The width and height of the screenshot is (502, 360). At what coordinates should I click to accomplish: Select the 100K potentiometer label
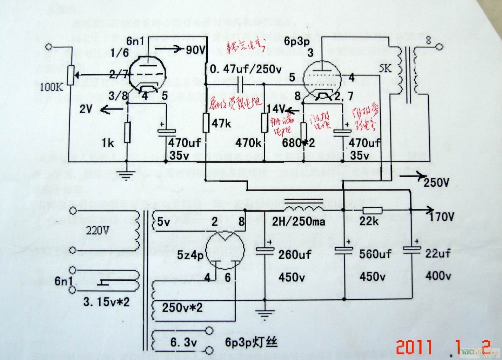(52, 86)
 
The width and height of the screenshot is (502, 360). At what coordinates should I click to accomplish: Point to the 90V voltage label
(195, 50)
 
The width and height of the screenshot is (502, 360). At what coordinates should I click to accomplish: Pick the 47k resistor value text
(221, 123)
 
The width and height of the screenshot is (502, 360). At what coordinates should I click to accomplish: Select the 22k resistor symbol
(373, 210)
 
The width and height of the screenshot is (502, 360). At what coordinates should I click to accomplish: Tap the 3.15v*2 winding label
(106, 301)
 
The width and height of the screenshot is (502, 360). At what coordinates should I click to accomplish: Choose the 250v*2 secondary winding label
(182, 308)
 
